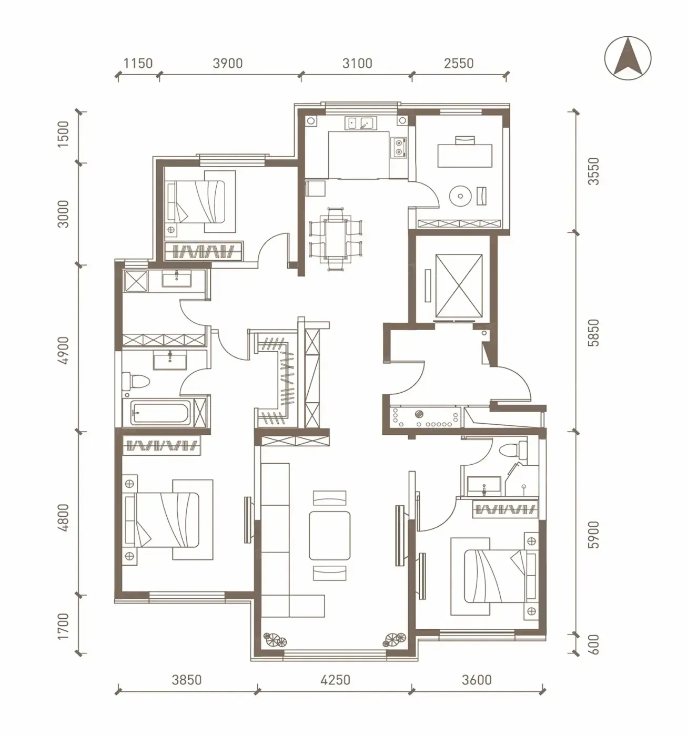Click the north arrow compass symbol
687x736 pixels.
click(628, 58)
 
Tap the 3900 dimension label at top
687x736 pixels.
click(228, 64)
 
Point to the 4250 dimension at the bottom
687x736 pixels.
click(335, 680)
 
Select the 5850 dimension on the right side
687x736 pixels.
click(593, 332)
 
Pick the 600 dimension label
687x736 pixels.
click(593, 645)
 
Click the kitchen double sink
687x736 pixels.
click(360, 123)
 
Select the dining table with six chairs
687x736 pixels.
click(336, 239)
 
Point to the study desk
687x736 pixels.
click(465, 156)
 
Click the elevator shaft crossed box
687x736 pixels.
click(459, 286)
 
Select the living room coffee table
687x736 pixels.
click(329, 536)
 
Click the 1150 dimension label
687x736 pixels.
click(138, 64)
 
